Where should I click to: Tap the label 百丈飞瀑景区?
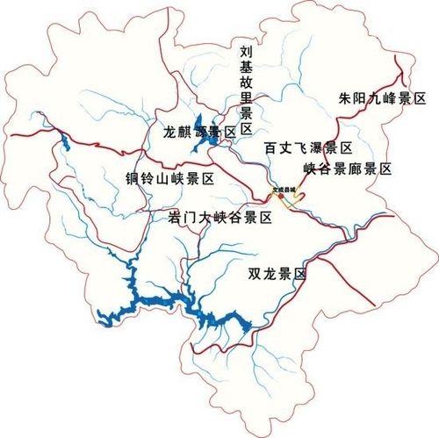point(308,148)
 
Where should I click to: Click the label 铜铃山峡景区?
point(169,178)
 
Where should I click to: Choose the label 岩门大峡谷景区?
point(219,217)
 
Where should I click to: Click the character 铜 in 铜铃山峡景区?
point(132,178)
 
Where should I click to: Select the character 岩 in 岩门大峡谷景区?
point(175,217)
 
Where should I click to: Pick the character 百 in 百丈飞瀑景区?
point(271,148)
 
